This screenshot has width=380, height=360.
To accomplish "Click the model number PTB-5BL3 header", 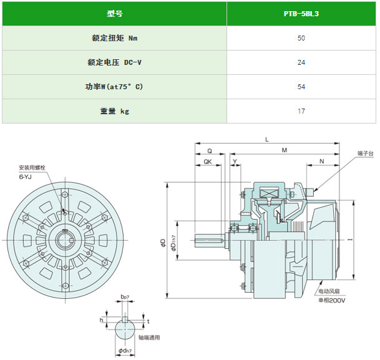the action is (x=301, y=14).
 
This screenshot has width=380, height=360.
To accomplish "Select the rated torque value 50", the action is (x=301, y=38).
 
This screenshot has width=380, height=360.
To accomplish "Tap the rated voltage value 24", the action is (x=301, y=62).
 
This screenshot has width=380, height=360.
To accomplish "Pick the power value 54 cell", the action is (x=301, y=87).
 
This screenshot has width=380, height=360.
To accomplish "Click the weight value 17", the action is (x=301, y=111).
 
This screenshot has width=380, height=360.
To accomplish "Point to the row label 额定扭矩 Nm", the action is (x=115, y=38).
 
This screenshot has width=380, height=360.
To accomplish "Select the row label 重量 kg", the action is (x=115, y=111).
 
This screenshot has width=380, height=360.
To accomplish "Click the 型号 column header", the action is (x=115, y=14).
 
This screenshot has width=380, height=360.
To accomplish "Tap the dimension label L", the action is (x=267, y=140).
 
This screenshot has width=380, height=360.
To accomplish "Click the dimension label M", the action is (x=285, y=150).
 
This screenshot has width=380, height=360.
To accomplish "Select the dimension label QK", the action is (x=208, y=162).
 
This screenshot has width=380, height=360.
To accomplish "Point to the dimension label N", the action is (x=321, y=162).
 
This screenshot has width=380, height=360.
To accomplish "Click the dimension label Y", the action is (x=235, y=162).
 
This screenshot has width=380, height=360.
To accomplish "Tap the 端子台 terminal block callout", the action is (x=366, y=153).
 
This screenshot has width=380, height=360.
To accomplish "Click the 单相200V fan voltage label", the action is (x=332, y=300).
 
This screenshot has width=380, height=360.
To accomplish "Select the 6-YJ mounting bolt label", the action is (x=25, y=177).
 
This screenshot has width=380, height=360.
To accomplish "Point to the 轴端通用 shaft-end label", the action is (x=149, y=338).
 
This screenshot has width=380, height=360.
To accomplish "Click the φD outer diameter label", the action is (x=163, y=243).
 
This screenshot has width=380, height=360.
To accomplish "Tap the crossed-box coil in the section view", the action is (x=269, y=193).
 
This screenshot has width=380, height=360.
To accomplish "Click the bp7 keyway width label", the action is (x=125, y=296).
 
